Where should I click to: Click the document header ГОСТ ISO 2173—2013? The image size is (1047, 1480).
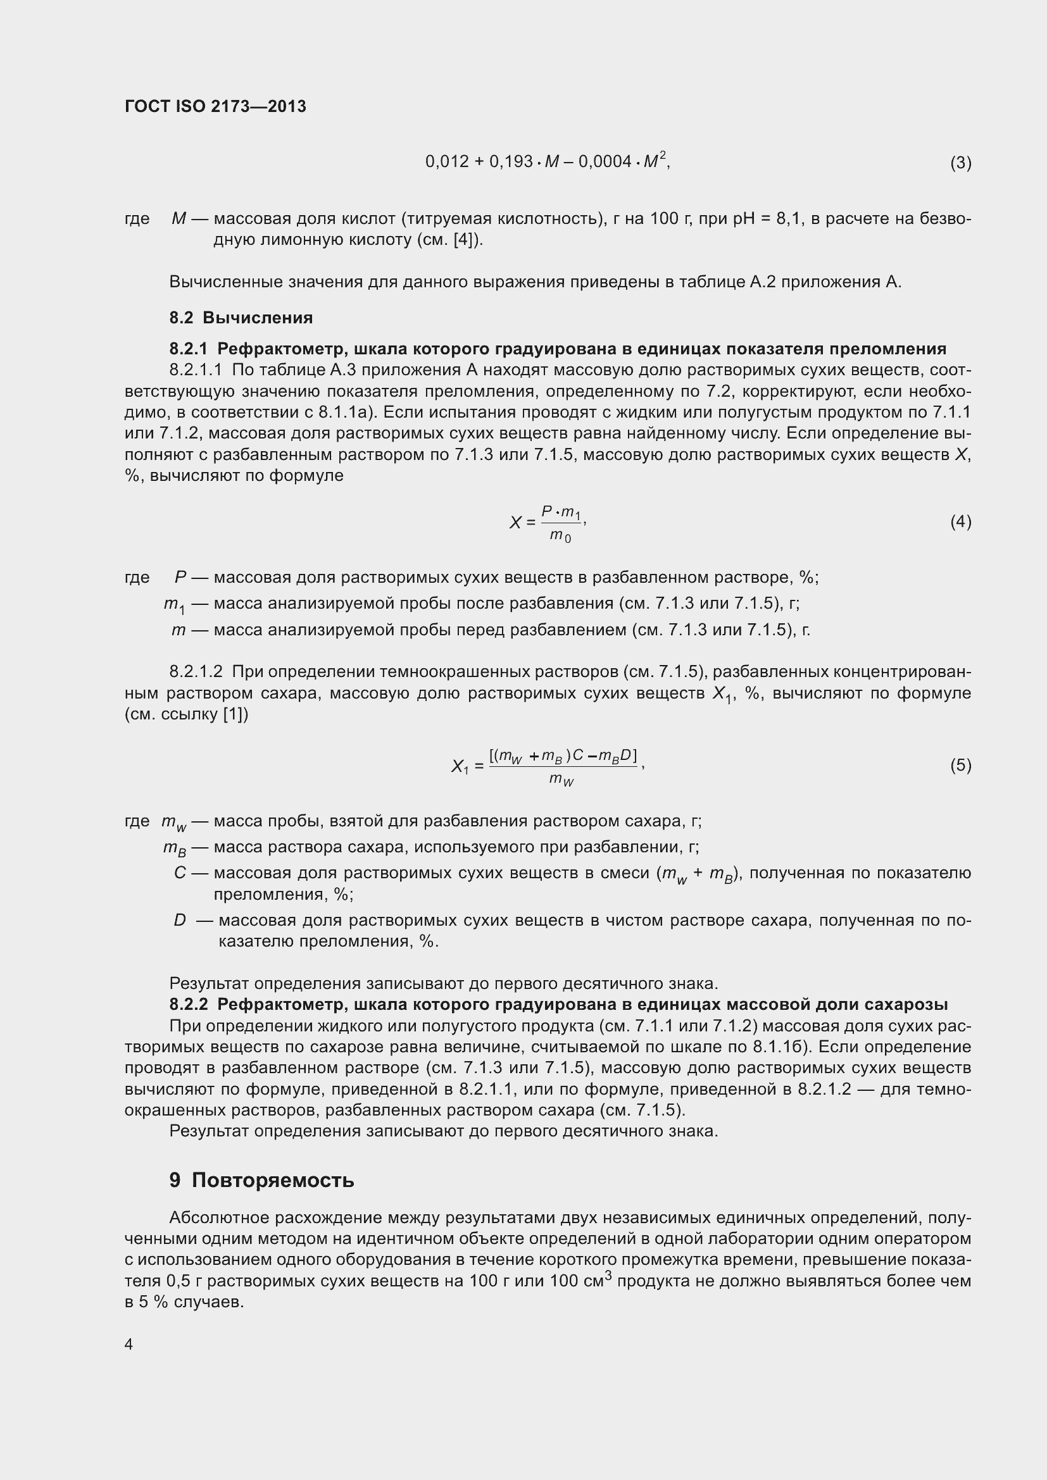(x=215, y=106)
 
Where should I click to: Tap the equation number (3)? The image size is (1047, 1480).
(x=960, y=163)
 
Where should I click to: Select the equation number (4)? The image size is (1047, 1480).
(x=960, y=521)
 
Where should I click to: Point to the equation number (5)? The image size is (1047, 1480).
(x=960, y=765)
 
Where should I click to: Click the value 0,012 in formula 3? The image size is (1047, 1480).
(x=447, y=162)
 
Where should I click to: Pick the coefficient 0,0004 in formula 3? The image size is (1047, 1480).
(x=605, y=162)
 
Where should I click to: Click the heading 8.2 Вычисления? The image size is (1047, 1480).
(x=241, y=318)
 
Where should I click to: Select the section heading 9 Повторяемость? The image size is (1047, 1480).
(x=262, y=1180)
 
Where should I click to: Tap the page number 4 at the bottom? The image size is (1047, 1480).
(x=129, y=1344)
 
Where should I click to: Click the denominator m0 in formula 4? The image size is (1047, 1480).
(x=560, y=536)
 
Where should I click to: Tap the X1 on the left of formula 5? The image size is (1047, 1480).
(x=460, y=766)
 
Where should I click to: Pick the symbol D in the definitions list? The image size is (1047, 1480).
(x=180, y=921)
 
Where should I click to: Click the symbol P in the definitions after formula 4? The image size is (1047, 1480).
(x=180, y=578)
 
